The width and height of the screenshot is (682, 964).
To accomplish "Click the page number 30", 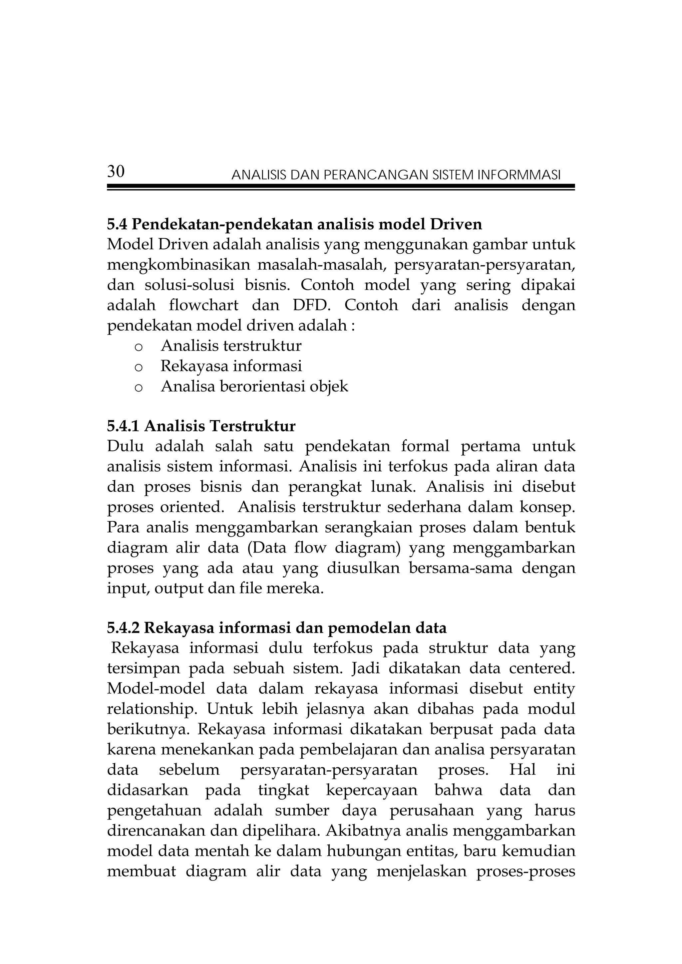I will [x=116, y=171].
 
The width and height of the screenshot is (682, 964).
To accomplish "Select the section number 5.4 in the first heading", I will [x=117, y=225].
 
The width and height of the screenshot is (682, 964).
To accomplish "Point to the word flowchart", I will [x=204, y=305].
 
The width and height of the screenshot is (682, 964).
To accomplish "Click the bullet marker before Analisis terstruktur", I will [x=139, y=348].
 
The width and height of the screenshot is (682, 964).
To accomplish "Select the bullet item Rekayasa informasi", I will [x=231, y=366].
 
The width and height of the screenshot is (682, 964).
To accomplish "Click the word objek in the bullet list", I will [x=329, y=386].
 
